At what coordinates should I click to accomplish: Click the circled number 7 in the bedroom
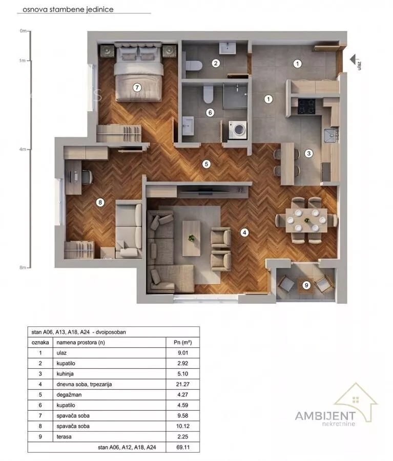[x=137, y=87]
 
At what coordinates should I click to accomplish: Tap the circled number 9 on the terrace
[x=306, y=285]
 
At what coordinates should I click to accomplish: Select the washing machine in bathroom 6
[x=238, y=130]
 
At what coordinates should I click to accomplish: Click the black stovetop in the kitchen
[x=306, y=107]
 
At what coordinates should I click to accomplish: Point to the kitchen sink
[x=331, y=136]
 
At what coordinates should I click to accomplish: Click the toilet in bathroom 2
[x=194, y=65]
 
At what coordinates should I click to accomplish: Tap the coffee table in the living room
[x=192, y=238]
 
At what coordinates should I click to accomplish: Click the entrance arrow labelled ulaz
[x=353, y=59]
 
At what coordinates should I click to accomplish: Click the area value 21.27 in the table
[x=183, y=384]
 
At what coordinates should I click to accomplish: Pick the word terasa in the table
[x=64, y=436]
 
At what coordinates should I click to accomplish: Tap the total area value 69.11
[x=183, y=447]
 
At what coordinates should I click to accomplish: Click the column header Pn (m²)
[x=183, y=342]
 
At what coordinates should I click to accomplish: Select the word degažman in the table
[x=69, y=395]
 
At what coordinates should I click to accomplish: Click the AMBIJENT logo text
[x=325, y=416]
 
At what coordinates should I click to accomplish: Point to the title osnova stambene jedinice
[x=68, y=9]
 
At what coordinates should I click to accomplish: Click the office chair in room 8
[x=87, y=177]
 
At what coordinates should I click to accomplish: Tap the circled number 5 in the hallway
[x=206, y=164]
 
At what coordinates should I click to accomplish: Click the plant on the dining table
[x=307, y=220]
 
